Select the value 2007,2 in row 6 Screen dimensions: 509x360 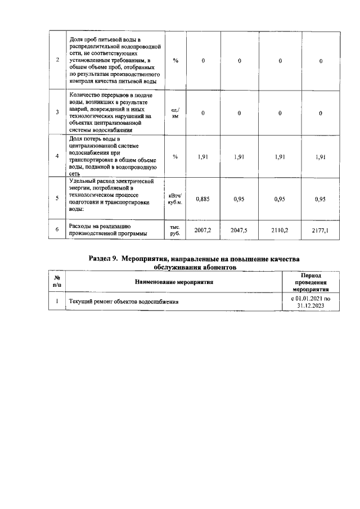tap(202, 230)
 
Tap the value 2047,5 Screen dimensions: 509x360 tap(239, 230)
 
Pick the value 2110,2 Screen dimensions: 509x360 tap(280, 230)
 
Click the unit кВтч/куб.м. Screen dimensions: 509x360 tap(175, 199)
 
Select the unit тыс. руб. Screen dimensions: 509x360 tap(175, 230)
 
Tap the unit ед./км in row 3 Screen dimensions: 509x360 tap(175, 112)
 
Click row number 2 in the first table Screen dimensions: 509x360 tap(57, 60)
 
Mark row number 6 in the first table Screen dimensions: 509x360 tap(57, 230)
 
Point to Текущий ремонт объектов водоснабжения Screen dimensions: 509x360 tap(124, 302)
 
